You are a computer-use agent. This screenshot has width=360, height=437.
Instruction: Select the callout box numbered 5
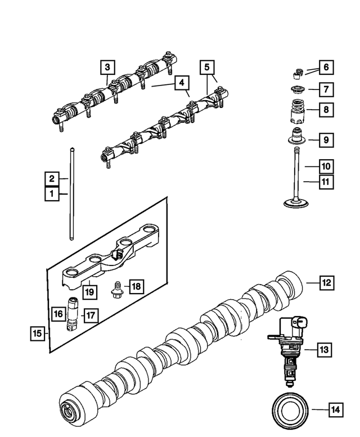[x=207, y=67]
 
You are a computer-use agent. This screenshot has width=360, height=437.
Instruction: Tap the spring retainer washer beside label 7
[x=296, y=89]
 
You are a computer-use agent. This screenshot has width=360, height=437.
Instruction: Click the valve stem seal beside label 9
[x=296, y=137]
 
